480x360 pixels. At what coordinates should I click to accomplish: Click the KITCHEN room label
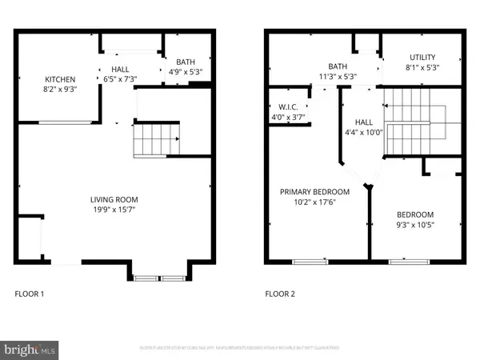[x=60, y=79]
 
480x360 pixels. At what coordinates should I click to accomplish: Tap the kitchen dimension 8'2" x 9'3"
[x=60, y=90]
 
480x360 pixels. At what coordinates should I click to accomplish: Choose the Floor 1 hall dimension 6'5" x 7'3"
[x=119, y=79]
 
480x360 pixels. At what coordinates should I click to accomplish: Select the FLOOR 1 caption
[x=30, y=294]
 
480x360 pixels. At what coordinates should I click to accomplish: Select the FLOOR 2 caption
[x=281, y=294]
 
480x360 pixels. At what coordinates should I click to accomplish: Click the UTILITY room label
[x=422, y=58]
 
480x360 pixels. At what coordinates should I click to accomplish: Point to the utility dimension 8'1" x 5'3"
[x=422, y=67]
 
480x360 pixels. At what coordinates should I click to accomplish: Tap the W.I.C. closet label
[x=288, y=106]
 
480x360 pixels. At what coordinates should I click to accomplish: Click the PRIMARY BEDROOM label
[x=314, y=191]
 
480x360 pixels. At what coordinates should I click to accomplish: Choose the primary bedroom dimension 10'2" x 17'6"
[x=314, y=202]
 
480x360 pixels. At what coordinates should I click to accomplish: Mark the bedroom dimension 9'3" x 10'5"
[x=415, y=226]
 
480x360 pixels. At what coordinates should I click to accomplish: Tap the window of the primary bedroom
[x=310, y=261]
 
